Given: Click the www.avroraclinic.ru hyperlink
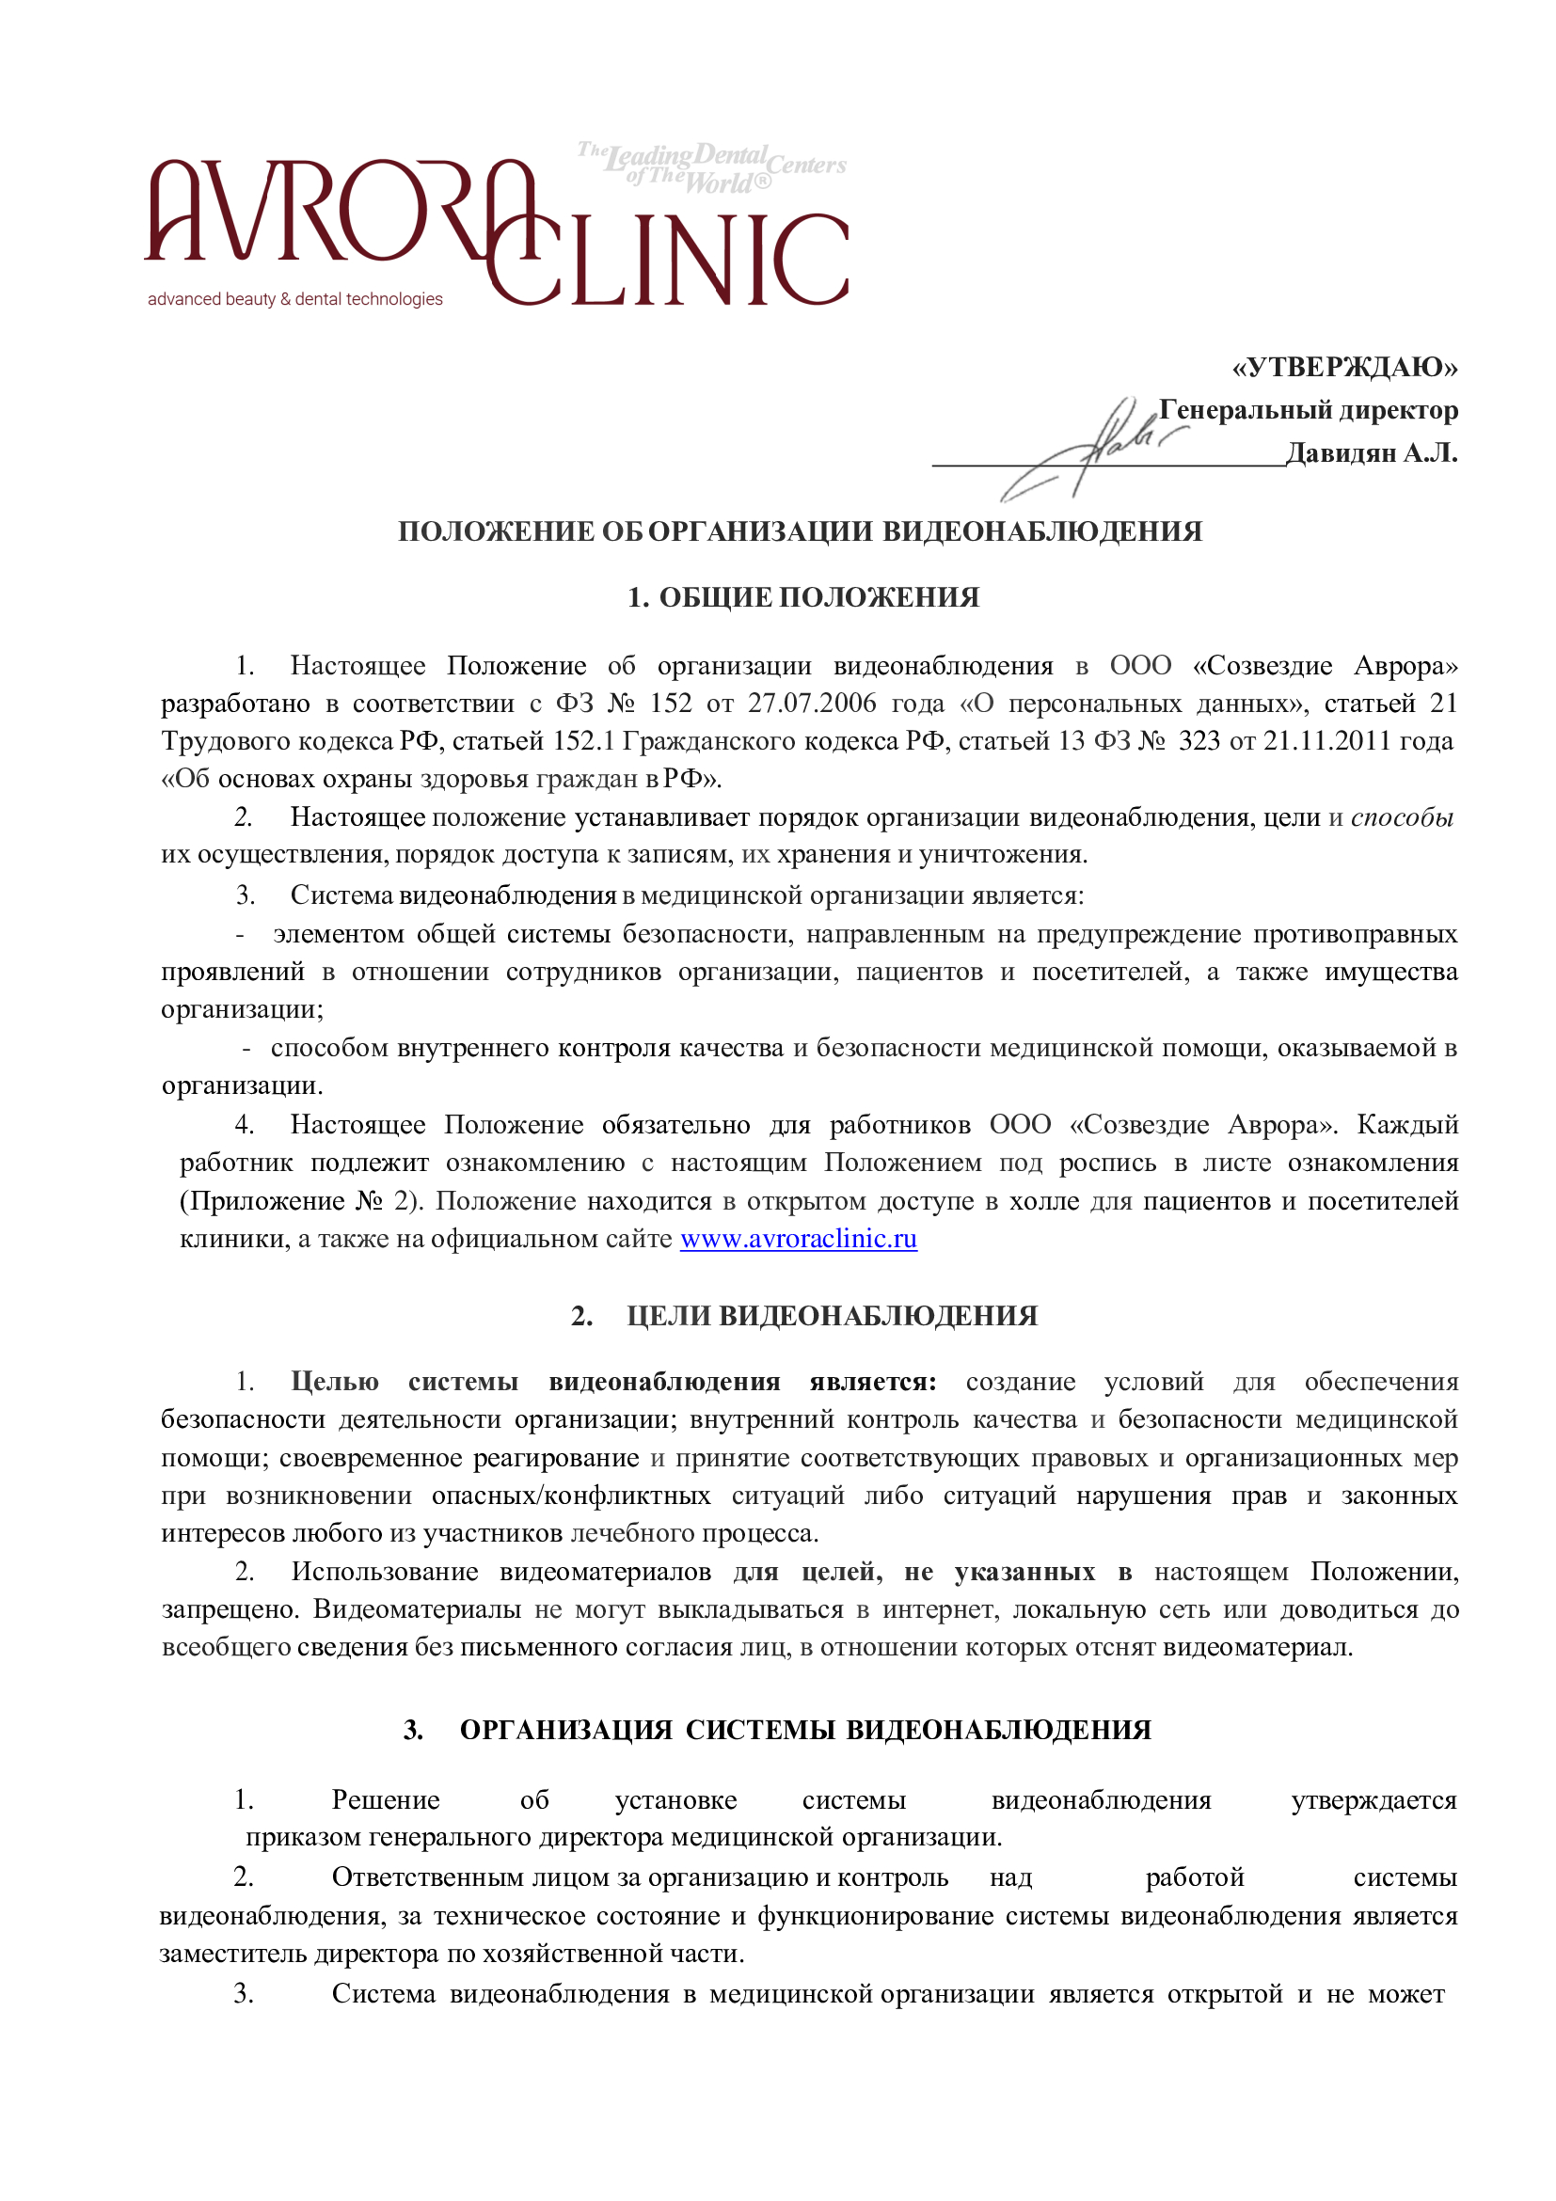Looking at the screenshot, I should pyautogui.click(x=798, y=1239).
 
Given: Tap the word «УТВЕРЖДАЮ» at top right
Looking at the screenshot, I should pyautogui.click(x=1344, y=367).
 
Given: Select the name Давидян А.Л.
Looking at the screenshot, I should pyautogui.click(x=1371, y=452).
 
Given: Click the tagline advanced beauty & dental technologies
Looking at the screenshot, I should pyautogui.click(x=294, y=299).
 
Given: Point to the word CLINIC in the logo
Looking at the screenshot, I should pyautogui.click(x=671, y=261).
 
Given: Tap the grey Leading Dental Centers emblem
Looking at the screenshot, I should pyautogui.click(x=711, y=167).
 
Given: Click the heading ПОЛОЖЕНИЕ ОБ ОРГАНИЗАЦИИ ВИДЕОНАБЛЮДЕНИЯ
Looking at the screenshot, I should pyautogui.click(x=800, y=531).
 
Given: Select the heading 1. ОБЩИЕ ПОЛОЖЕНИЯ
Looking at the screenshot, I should pyautogui.click(x=802, y=597).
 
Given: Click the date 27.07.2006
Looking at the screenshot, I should pyautogui.click(x=811, y=703).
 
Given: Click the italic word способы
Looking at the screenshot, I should pyautogui.click(x=1402, y=816).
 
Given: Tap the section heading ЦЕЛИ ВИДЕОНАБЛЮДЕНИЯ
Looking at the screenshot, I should pyautogui.click(x=832, y=1315).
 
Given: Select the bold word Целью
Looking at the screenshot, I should pyautogui.click(x=335, y=1382).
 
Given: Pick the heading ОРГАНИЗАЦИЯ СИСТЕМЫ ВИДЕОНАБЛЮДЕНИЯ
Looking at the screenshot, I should pyautogui.click(x=804, y=1730).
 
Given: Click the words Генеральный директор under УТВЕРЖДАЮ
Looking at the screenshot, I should pyautogui.click(x=1308, y=410).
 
